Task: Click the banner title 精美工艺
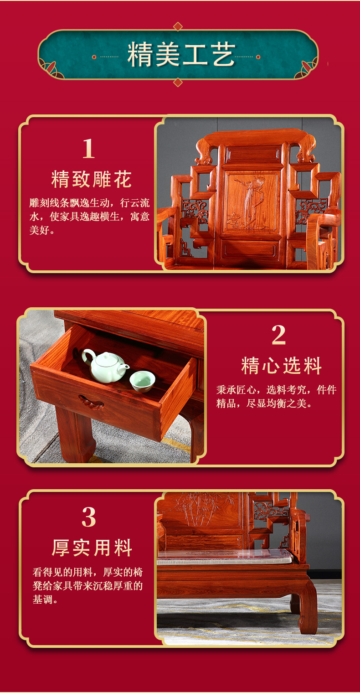pos(181,55)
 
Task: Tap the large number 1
pos(88,148)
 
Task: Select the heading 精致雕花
pos(92,179)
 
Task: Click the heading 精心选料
pos(282,366)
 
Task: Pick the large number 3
pos(89,517)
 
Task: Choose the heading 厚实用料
pos(92,548)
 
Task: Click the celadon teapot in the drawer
pos(105,366)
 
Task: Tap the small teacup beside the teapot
pos(142,381)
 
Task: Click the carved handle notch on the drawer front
pos(91,403)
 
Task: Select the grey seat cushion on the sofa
pos(225,557)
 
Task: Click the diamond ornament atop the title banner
pos(178,26)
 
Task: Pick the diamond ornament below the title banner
pos(178,82)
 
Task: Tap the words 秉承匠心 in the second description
pos(236,390)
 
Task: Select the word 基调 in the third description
pos(43,600)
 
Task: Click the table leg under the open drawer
pos(76,436)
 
